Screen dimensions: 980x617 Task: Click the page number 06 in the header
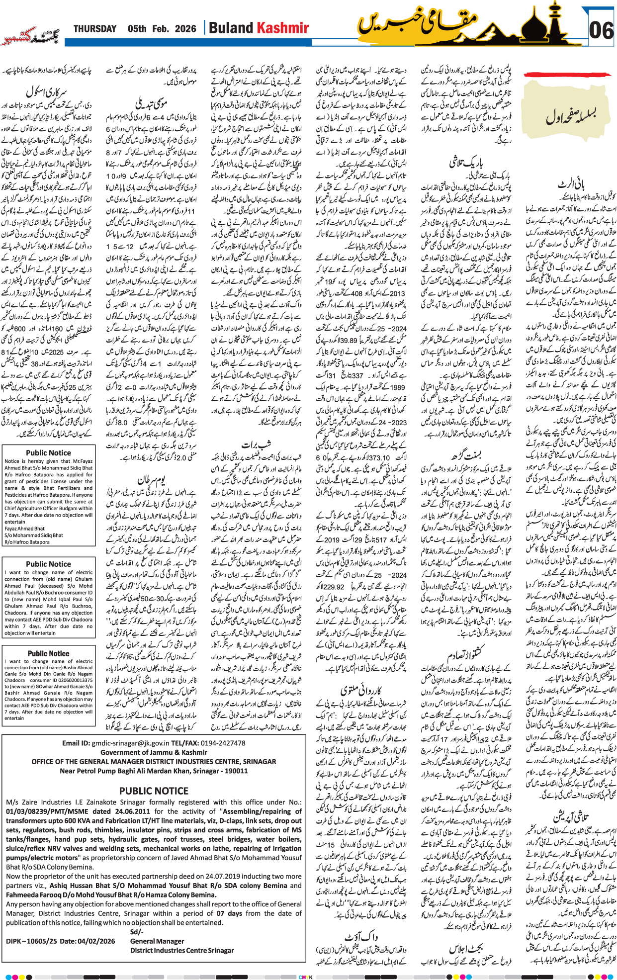[x=601, y=30]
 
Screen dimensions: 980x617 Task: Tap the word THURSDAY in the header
[x=94, y=29]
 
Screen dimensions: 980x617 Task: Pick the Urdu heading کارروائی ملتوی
[x=361, y=690]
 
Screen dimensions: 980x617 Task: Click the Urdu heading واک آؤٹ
[x=361, y=937]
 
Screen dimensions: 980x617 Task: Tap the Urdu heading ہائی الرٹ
[x=571, y=185]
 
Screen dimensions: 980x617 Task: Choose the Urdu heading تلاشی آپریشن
[x=571, y=816]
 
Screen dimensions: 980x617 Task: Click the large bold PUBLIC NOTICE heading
[x=154, y=791]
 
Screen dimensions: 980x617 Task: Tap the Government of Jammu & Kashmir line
[x=154, y=752]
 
